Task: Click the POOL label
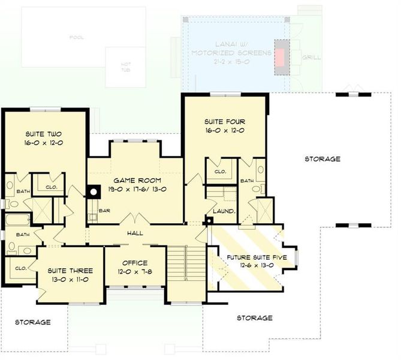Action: pos(76,37)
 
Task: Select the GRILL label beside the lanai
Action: pos(311,58)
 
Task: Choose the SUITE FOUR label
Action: pos(225,121)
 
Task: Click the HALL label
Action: pos(134,232)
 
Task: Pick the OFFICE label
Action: pos(135,263)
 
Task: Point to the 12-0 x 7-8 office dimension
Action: pos(135,272)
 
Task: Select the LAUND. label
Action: pos(224,211)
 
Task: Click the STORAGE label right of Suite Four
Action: pos(322,159)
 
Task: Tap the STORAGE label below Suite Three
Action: pos(32,322)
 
